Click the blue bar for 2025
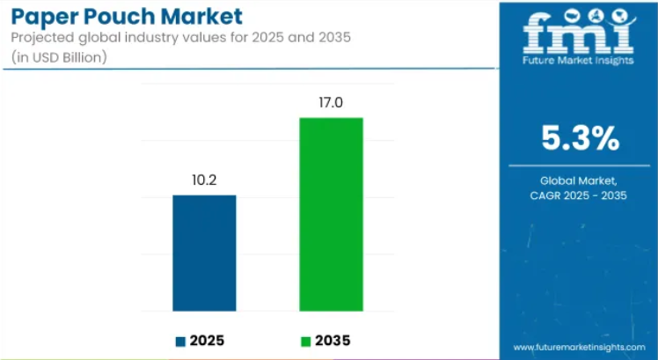point(204,253)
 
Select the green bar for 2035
point(331,214)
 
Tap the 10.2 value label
point(204,181)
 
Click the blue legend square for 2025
point(180,341)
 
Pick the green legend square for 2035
point(305,341)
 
